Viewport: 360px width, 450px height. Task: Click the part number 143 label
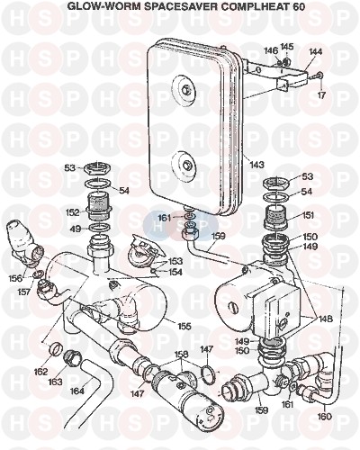(x=257, y=165)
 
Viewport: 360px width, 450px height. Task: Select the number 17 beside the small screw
(x=321, y=95)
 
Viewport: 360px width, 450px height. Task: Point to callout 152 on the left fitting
(x=73, y=212)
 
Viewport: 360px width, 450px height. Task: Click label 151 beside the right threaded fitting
(x=307, y=215)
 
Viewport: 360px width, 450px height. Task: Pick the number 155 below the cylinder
(x=184, y=326)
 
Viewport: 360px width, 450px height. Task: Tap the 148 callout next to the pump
(x=326, y=319)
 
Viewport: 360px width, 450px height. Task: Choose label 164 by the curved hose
(x=77, y=391)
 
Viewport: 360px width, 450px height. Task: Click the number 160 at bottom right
(x=325, y=417)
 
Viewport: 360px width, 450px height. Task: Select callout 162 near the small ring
(x=40, y=372)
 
